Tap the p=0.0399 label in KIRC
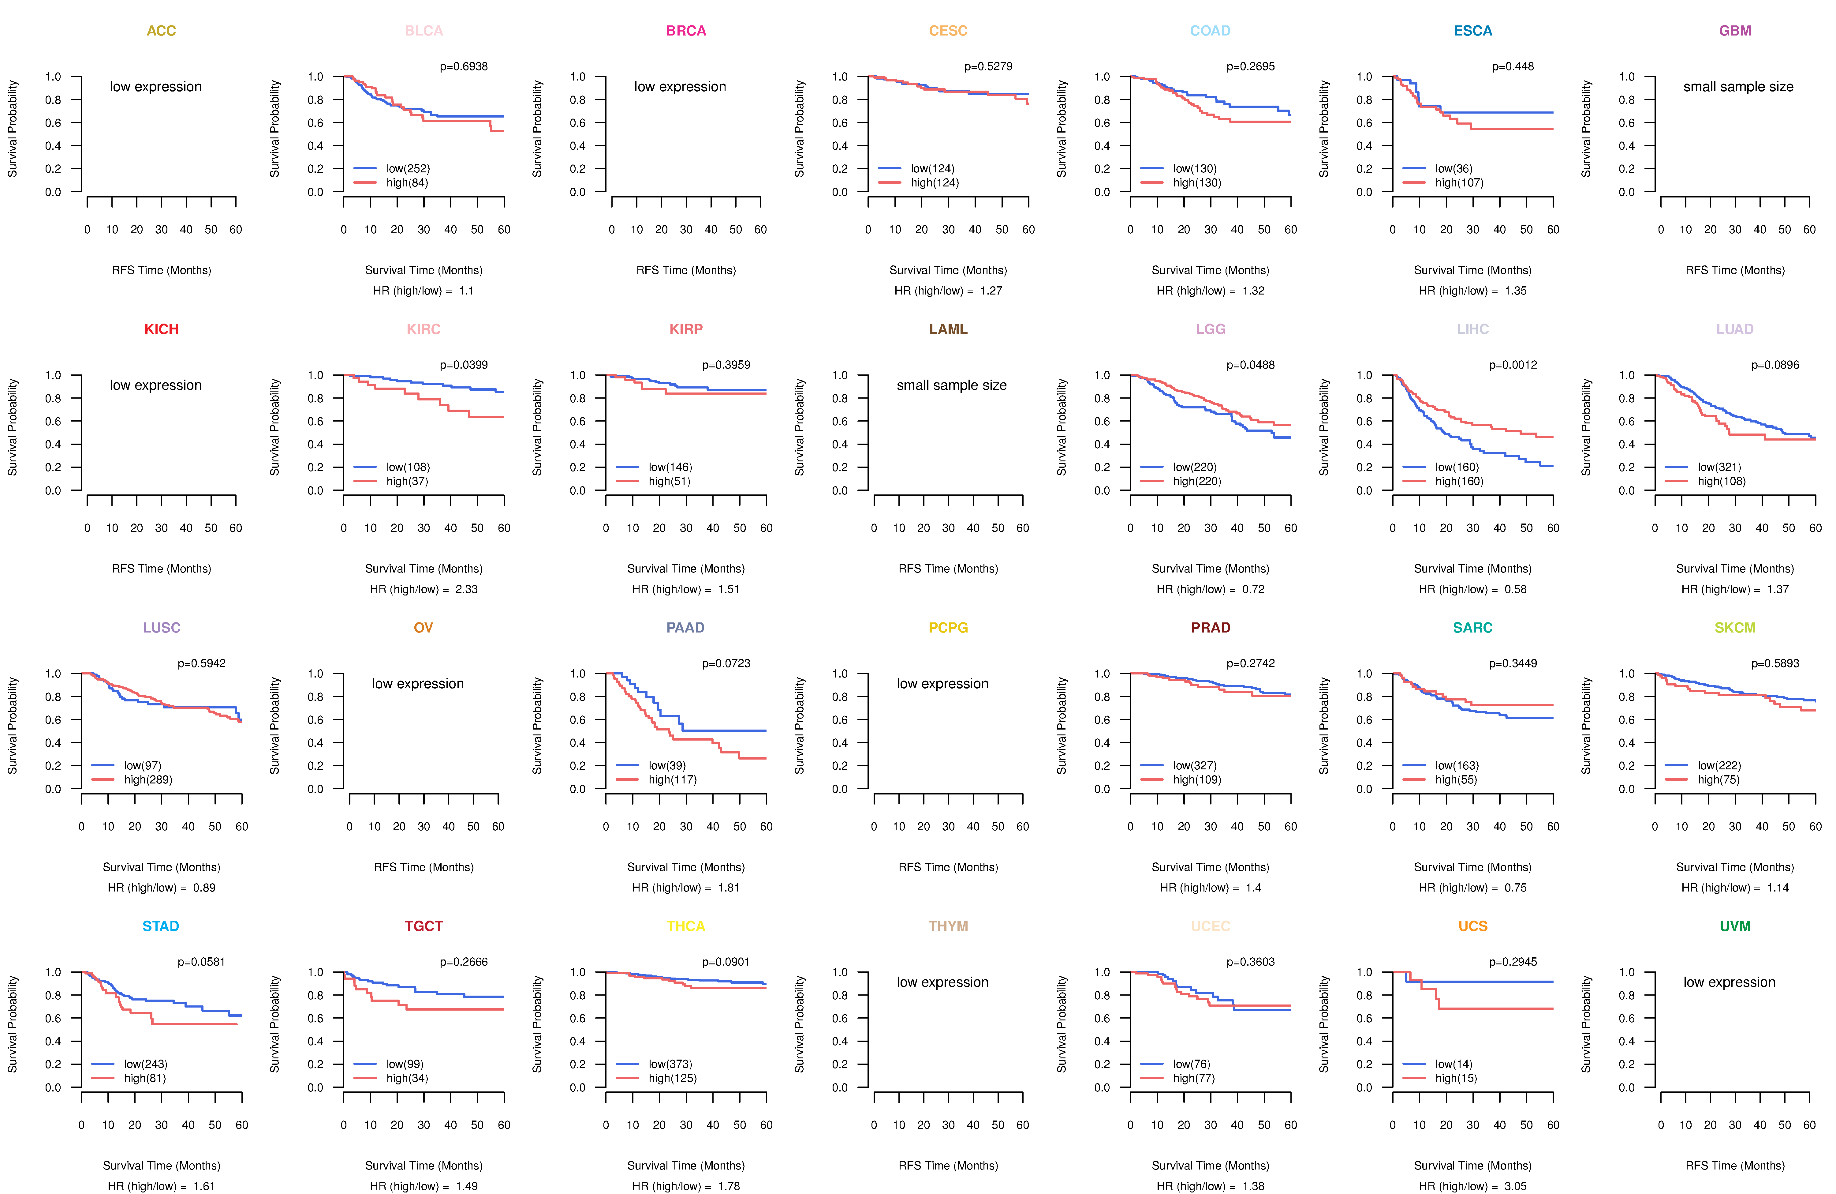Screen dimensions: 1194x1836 [464, 365]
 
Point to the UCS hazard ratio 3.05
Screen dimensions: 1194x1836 [1515, 1186]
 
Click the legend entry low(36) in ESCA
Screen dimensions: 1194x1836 [1453, 168]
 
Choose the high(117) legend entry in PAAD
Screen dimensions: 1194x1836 [672, 779]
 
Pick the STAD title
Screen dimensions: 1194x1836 [160, 926]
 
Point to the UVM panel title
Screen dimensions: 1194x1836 [1735, 926]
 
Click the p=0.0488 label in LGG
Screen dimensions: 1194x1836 [1251, 365]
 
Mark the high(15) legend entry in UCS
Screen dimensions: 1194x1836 [1456, 1078]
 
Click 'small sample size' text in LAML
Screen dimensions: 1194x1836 [951, 385]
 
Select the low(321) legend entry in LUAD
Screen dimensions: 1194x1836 [1719, 467]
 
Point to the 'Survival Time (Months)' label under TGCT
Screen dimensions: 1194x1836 [424, 1166]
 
